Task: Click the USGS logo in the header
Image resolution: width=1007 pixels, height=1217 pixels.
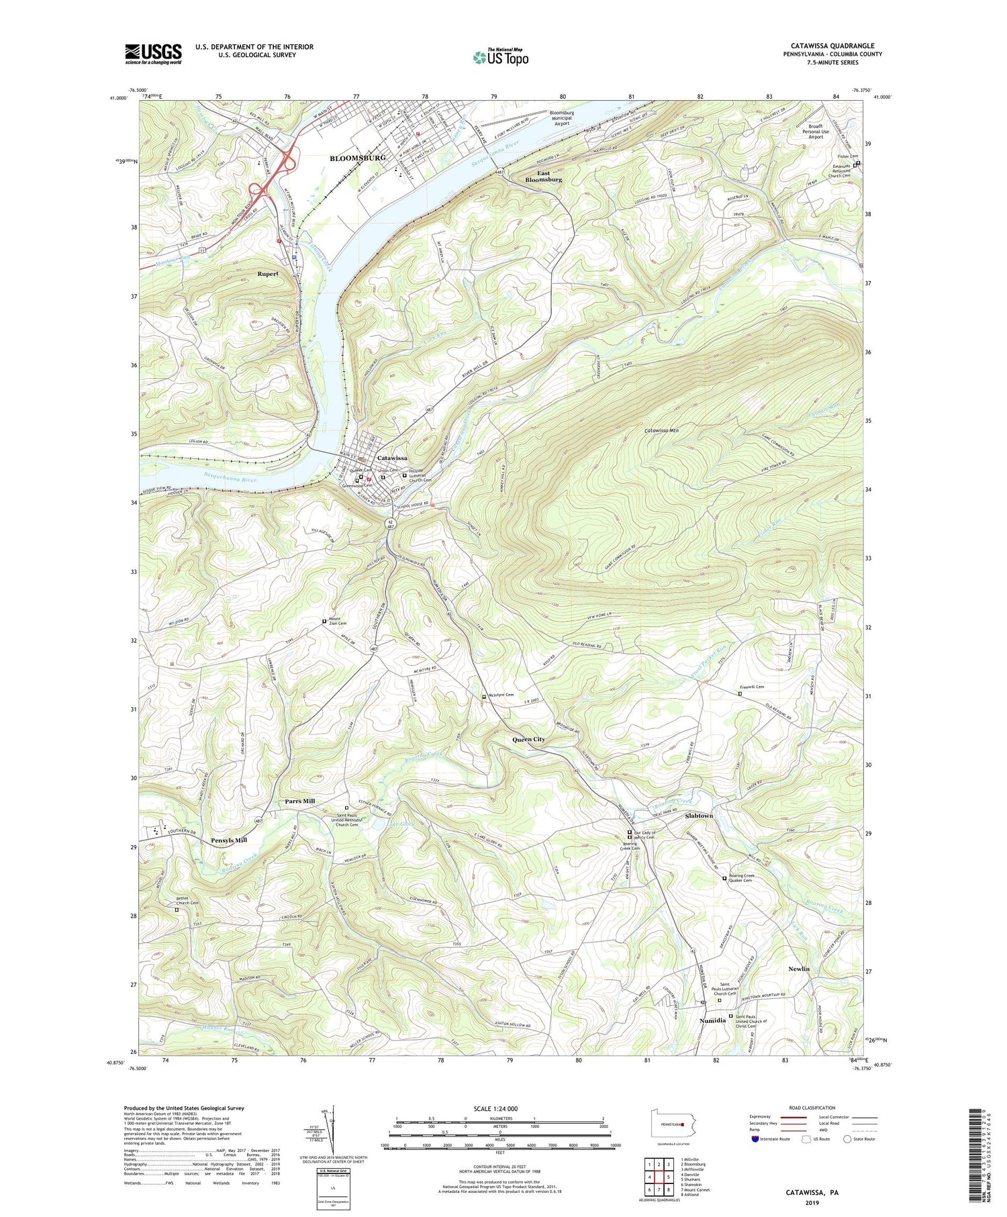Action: click(x=153, y=54)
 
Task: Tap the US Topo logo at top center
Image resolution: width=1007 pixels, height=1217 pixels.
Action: click(x=500, y=58)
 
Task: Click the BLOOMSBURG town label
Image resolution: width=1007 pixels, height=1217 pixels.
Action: click(x=357, y=158)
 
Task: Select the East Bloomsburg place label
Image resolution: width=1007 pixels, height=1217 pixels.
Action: click(x=543, y=177)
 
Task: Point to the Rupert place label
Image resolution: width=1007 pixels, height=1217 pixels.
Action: click(x=267, y=274)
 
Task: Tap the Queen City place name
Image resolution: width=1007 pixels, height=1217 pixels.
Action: click(x=528, y=739)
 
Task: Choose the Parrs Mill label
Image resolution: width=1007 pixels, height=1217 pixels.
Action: click(x=299, y=801)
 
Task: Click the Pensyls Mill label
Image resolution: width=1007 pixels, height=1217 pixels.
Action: click(x=229, y=840)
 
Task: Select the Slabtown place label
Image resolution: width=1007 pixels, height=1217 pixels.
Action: click(x=699, y=815)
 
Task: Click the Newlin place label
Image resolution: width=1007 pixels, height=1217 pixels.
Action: click(x=799, y=969)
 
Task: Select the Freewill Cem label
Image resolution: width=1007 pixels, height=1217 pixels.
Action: click(x=752, y=687)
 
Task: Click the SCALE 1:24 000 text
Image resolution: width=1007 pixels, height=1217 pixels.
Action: click(x=499, y=1108)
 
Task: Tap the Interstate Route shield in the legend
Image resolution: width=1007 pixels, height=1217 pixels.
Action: click(x=755, y=1138)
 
